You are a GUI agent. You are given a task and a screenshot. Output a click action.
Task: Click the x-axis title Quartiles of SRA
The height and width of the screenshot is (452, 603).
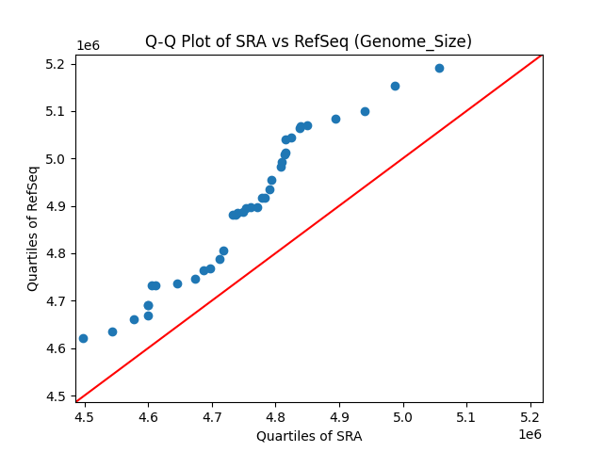click(x=308, y=436)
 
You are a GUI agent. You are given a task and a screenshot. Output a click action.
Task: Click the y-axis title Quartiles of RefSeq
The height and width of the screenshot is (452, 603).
click(x=33, y=228)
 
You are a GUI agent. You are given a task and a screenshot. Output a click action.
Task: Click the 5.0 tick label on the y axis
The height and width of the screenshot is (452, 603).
click(x=57, y=159)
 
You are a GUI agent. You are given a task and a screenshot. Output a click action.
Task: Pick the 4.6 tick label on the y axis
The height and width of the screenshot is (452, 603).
click(x=57, y=348)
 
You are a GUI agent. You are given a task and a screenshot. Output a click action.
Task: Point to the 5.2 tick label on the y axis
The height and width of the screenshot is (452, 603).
click(x=57, y=64)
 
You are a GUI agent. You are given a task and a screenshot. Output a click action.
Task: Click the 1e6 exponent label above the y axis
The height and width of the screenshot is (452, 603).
click(x=89, y=46)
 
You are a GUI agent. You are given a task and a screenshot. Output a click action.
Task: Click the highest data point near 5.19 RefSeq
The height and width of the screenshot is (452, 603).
click(x=439, y=68)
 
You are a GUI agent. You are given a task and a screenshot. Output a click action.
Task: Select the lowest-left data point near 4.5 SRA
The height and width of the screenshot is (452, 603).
click(x=83, y=338)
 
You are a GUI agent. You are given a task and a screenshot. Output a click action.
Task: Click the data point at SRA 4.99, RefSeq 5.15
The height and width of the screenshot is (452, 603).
click(x=395, y=86)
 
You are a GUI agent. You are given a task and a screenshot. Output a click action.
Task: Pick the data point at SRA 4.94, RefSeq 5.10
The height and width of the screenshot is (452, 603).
click(x=365, y=111)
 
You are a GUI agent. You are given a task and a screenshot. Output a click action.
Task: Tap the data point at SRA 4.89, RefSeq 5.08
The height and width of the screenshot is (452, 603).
click(x=335, y=119)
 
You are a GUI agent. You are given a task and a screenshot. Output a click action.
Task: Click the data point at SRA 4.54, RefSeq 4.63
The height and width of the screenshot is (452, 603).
click(x=112, y=331)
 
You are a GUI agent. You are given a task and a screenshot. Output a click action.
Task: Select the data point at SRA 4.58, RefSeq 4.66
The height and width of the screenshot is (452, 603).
click(x=134, y=319)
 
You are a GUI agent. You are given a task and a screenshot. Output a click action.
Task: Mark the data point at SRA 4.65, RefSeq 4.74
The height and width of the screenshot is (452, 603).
click(x=177, y=283)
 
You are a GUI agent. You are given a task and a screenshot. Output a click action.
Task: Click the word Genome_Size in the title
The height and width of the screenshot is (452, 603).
click(x=429, y=41)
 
